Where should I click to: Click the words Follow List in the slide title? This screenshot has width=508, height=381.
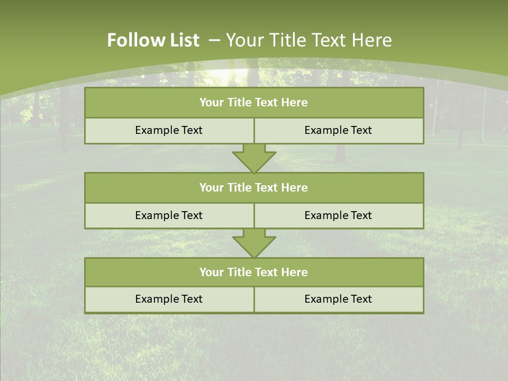coord(153,40)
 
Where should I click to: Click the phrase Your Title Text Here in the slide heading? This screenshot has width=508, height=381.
coord(309,40)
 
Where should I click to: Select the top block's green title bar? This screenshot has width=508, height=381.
coord(254,103)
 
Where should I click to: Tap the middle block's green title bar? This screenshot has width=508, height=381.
coord(254,187)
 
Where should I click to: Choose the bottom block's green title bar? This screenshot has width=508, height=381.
coord(254,272)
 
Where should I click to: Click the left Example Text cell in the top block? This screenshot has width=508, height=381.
coord(169,130)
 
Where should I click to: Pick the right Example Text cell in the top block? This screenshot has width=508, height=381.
coord(338,130)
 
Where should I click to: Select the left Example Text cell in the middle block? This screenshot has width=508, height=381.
coord(169,215)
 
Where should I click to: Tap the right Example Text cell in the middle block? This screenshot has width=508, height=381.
coord(338,215)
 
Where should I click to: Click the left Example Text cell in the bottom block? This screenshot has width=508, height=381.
coord(169,299)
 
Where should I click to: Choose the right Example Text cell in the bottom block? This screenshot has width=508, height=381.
coord(338,299)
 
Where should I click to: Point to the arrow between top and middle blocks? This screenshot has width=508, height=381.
coord(254,158)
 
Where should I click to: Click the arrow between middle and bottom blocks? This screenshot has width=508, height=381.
coord(254,243)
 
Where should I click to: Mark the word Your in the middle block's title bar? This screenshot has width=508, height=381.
coord(211,187)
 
